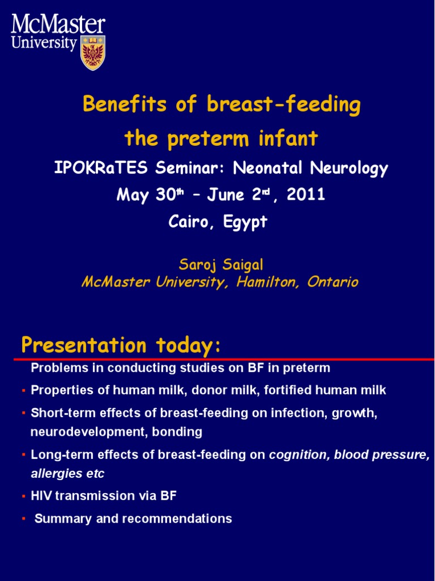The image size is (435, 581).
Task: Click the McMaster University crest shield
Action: [93, 53]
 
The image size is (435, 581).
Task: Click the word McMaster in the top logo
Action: [58, 24]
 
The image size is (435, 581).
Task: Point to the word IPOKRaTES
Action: [101, 168]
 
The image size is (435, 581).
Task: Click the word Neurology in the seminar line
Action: [349, 169]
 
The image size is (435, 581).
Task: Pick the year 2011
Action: [305, 195]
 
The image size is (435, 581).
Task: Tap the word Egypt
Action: [245, 222]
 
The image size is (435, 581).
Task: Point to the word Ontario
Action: [332, 283]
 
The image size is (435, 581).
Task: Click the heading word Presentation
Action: [84, 346]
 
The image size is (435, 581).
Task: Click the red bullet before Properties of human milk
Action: [24, 390]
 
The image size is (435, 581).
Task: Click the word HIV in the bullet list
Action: [41, 496]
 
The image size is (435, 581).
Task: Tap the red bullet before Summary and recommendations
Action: [24, 519]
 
